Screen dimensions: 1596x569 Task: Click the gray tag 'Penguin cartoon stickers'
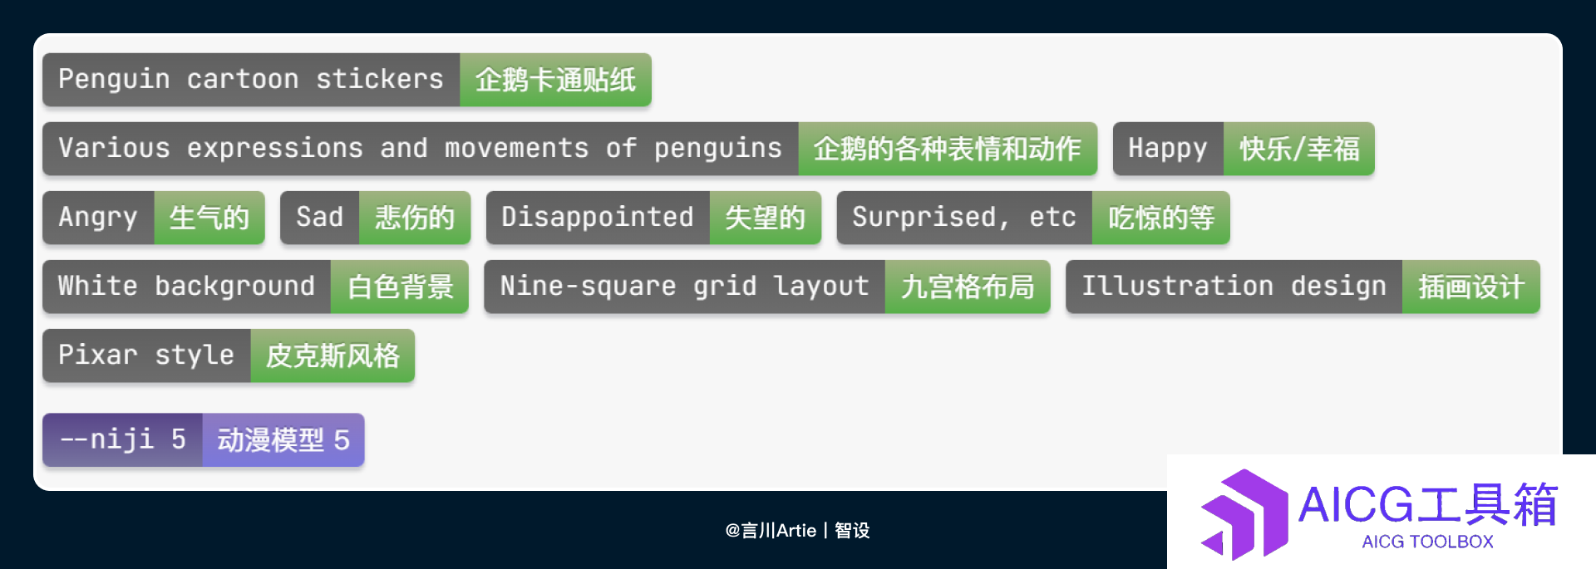coord(251,80)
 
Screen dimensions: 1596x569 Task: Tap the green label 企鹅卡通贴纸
coord(555,80)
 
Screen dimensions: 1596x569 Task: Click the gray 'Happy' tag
coord(1168,149)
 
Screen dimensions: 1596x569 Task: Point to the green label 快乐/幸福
coord(1298,149)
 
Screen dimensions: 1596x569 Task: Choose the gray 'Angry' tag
coord(98,218)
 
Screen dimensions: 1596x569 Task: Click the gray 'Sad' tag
coord(319,218)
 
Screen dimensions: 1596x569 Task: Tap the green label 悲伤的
coord(415,218)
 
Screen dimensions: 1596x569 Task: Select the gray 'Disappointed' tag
coord(598,218)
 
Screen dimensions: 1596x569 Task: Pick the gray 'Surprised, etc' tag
coord(964,218)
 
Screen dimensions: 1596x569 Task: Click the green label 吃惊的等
coord(1160,218)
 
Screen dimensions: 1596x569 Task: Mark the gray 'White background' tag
coord(187,287)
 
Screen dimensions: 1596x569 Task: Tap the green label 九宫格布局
coord(968,287)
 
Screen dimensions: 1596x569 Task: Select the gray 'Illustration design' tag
coord(1234,287)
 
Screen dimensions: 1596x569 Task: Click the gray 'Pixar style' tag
coord(146,356)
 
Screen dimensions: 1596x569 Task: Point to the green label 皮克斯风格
coord(332,356)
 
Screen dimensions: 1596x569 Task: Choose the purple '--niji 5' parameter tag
coord(122,439)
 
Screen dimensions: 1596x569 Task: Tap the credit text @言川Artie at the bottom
coord(771,530)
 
